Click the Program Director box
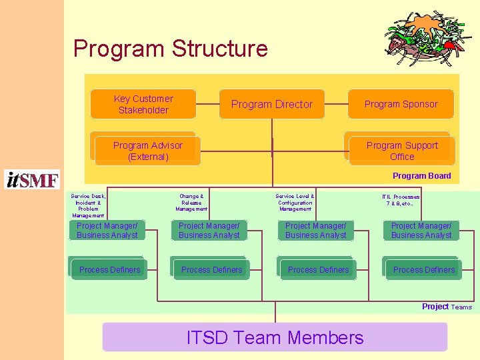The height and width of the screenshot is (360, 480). (272, 104)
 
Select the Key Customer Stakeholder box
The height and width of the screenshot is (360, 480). (143, 104)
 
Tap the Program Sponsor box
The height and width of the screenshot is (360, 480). (401, 104)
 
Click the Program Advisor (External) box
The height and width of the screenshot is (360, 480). (147, 151)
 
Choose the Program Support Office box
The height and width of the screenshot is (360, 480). (402, 151)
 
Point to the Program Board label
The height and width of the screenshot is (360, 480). (421, 176)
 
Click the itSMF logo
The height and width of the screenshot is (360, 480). (32, 179)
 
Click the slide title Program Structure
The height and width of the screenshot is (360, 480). (170, 49)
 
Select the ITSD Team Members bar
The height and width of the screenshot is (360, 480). (275, 337)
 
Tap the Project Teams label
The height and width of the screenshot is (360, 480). (446, 307)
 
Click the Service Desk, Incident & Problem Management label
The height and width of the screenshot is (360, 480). (88, 206)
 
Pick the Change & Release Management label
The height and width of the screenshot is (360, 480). (191, 203)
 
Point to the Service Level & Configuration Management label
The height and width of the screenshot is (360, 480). (295, 203)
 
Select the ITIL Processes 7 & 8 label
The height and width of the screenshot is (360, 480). (401, 200)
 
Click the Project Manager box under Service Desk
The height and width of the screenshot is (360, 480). (107, 231)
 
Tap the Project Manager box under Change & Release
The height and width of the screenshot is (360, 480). (209, 231)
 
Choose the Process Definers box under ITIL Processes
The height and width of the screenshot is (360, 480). (423, 269)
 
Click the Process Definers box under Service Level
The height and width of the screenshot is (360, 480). (318, 269)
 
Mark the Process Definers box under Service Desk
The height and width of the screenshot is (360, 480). (109, 269)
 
